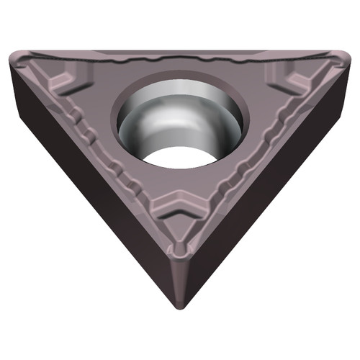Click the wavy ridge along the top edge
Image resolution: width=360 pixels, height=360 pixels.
pos(180,58)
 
